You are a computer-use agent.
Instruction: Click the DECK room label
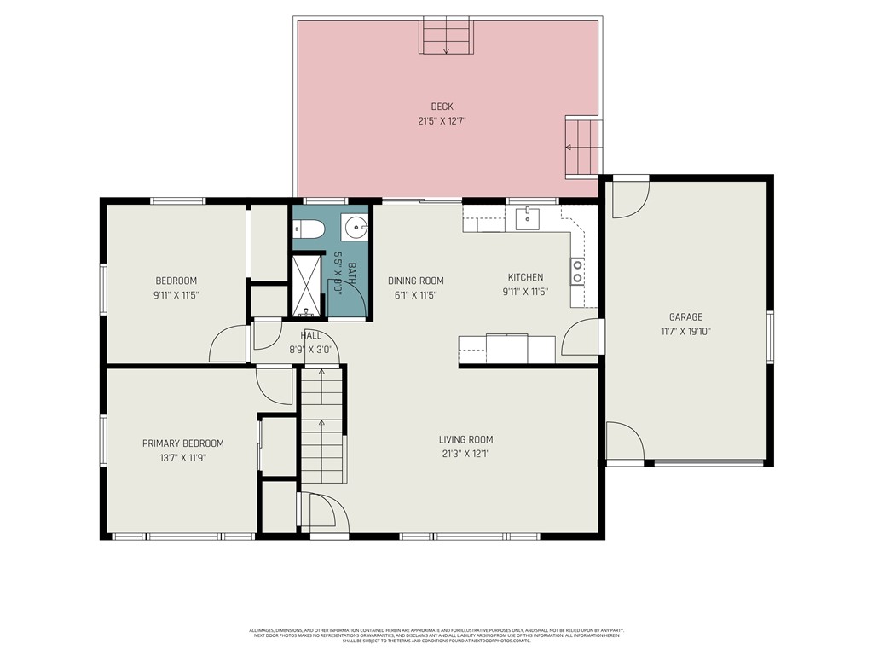(x=442, y=107)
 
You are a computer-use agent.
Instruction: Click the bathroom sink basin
(x=355, y=228)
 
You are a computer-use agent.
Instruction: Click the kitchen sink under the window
(x=529, y=218)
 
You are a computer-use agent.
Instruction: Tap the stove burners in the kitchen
(x=577, y=270)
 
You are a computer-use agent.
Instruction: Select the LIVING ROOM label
(x=465, y=440)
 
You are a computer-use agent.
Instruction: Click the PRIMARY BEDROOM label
(x=182, y=443)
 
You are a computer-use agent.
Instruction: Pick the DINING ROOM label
(x=415, y=281)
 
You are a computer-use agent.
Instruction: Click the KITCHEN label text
(x=525, y=277)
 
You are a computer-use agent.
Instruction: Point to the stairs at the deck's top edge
(x=446, y=36)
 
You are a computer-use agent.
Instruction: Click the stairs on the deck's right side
(x=583, y=147)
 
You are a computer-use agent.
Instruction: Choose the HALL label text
(x=310, y=336)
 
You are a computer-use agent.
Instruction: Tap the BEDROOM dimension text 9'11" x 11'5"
(x=176, y=295)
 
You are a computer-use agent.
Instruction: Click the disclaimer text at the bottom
(x=436, y=635)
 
